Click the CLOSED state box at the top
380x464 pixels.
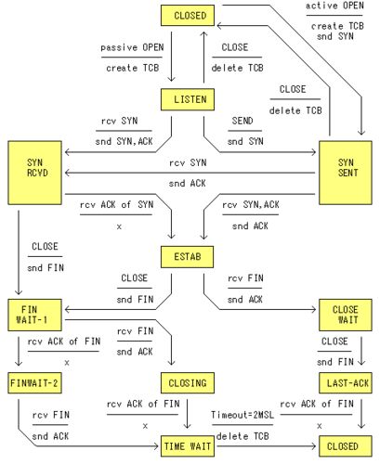point(188,16)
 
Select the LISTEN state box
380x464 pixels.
point(188,99)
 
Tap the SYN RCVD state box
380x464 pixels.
point(34,173)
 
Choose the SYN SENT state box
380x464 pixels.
point(346,173)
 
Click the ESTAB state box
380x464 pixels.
point(187,257)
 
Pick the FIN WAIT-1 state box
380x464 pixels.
point(34,315)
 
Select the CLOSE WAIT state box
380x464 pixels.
point(346,315)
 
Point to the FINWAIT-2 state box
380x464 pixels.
point(34,383)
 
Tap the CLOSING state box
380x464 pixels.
point(188,383)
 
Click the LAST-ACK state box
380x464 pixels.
point(346,383)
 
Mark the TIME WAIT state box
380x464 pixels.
point(188,446)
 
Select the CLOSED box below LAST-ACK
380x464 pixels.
point(346,446)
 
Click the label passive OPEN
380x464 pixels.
point(132,47)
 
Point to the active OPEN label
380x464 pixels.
point(334,6)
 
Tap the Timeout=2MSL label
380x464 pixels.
point(242,415)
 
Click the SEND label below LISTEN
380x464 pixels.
point(242,121)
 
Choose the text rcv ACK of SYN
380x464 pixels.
point(116,204)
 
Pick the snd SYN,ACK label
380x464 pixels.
point(124,141)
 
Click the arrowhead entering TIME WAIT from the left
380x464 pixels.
point(157,446)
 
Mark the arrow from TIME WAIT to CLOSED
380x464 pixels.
point(267,446)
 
